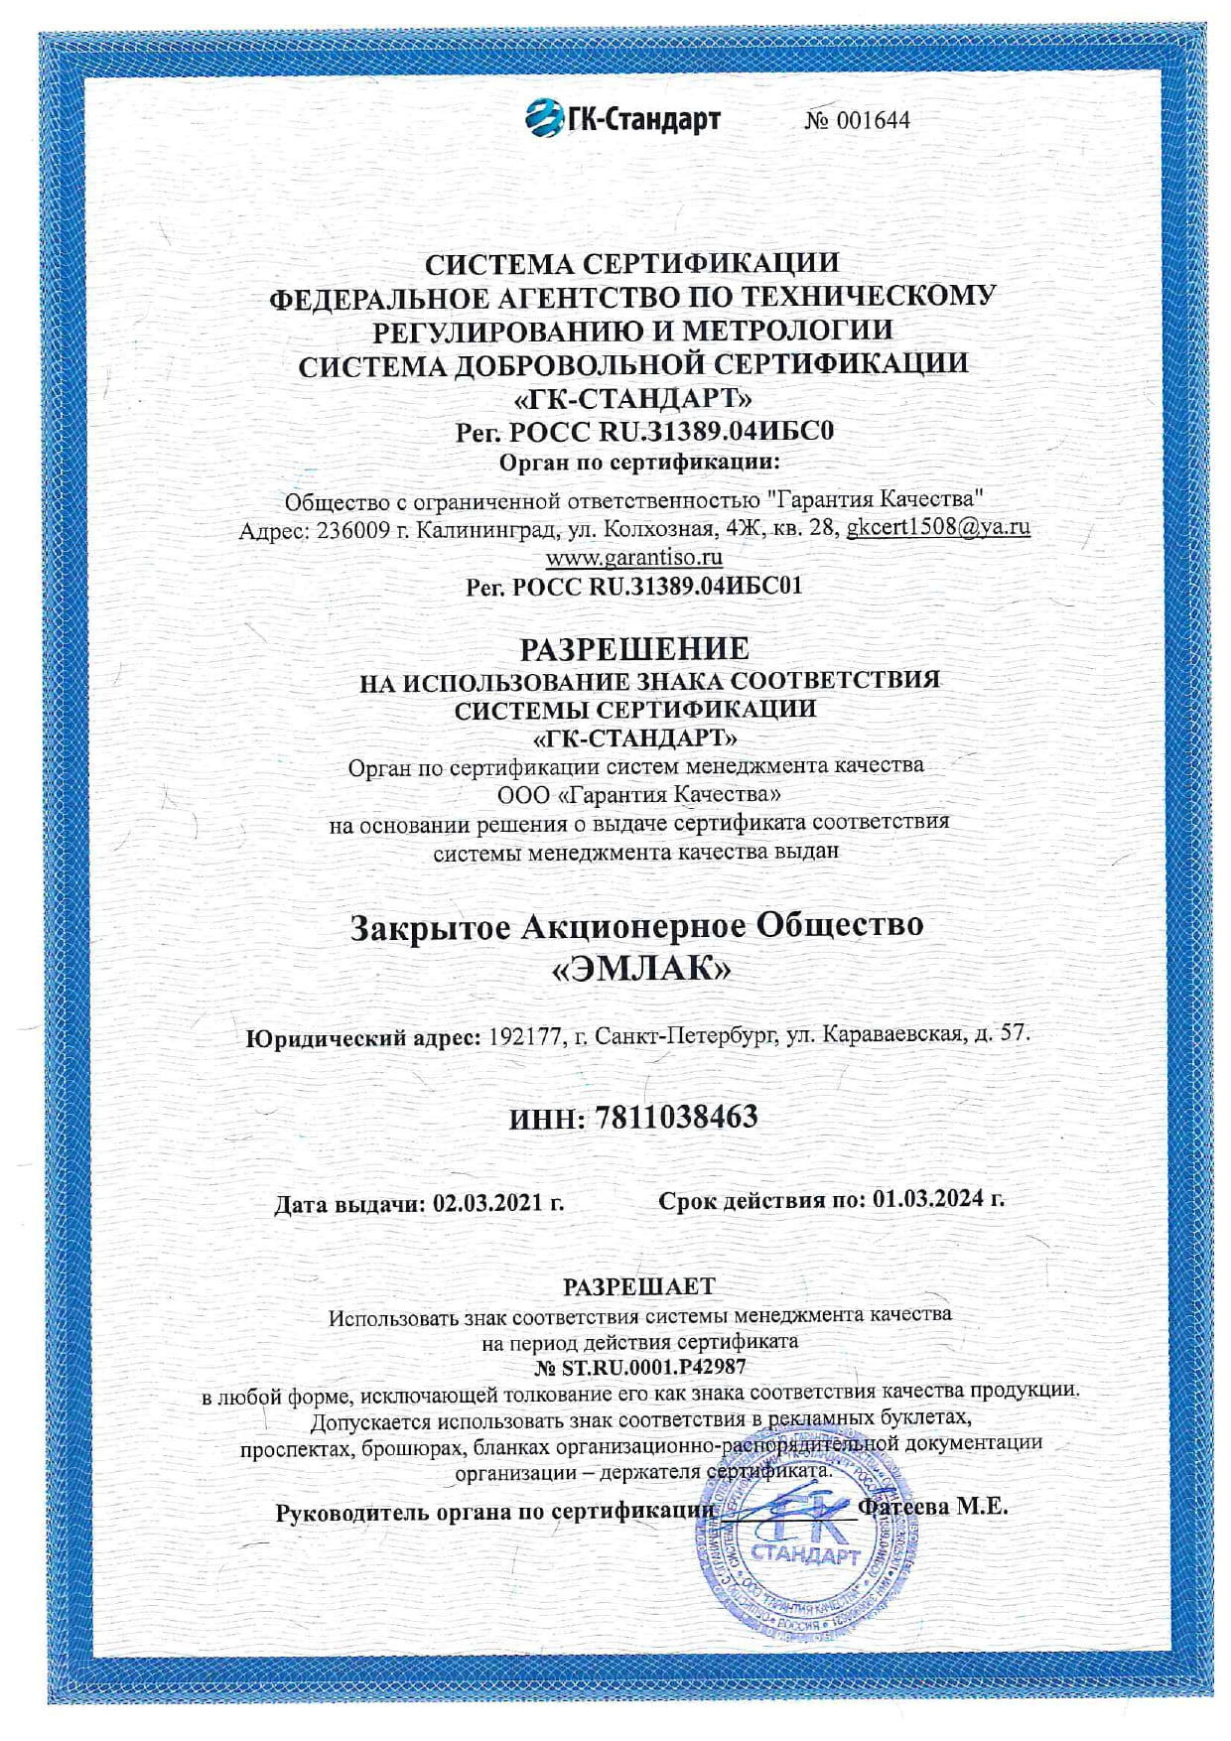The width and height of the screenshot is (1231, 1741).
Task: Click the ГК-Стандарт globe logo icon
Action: (x=544, y=118)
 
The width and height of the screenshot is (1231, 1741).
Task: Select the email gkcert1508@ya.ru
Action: (x=937, y=527)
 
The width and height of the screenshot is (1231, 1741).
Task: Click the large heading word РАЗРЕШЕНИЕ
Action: (x=634, y=649)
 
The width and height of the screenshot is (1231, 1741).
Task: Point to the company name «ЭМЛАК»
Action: (x=640, y=969)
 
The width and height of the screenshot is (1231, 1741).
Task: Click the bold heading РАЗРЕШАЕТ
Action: (x=638, y=1286)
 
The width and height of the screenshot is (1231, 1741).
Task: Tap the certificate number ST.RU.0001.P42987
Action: (x=653, y=1368)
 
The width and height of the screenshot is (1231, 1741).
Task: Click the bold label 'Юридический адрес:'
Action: (x=363, y=1038)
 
